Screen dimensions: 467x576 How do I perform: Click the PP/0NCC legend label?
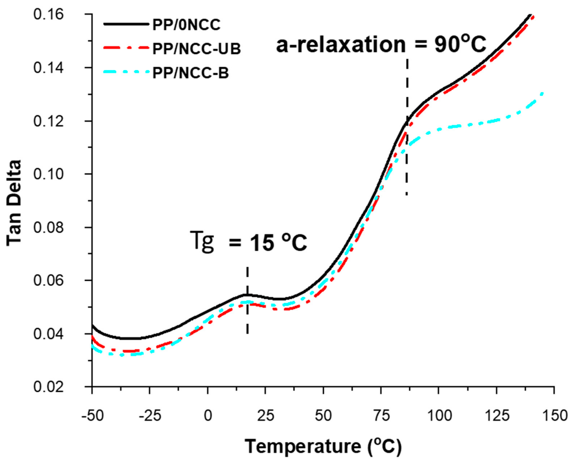[186, 25]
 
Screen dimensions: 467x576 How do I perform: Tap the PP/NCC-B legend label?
[191, 73]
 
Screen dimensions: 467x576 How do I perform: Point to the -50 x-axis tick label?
[92, 416]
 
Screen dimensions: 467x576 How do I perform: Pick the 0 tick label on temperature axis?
[207, 416]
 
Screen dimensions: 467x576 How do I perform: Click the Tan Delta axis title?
[14, 203]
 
